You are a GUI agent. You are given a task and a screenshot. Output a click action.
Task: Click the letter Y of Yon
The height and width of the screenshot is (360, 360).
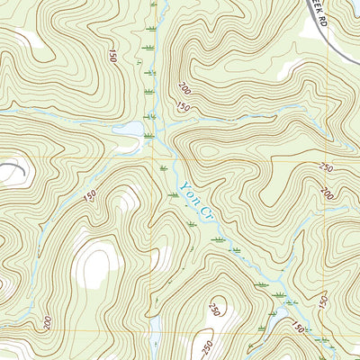pyautogui.click(x=181, y=184)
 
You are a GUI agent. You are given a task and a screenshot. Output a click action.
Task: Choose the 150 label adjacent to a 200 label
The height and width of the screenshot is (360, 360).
pyautogui.click(x=184, y=108)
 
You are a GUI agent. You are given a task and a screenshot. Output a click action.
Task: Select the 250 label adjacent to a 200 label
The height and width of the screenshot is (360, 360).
pyautogui.click(x=326, y=168)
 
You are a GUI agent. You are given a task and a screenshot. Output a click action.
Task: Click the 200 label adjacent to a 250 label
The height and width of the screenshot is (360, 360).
pyautogui.click(x=325, y=193)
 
